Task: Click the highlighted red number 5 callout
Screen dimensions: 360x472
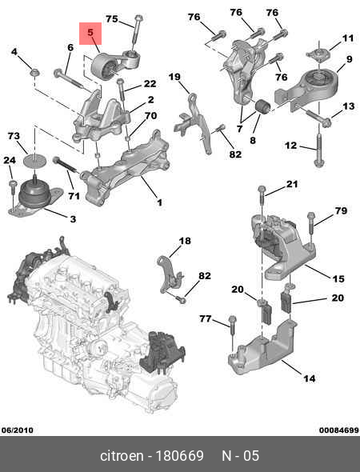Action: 90,33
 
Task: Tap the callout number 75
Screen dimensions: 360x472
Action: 112,19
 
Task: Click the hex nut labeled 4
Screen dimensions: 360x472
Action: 35,73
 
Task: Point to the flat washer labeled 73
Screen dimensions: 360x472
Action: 34,160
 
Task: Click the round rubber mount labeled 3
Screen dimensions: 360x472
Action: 34,196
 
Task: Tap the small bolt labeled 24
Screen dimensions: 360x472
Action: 13,191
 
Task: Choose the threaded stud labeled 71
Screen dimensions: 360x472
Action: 66,166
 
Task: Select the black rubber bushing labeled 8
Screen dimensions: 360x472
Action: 263,107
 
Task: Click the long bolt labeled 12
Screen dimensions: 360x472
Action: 319,150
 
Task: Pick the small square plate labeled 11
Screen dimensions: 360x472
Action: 318,54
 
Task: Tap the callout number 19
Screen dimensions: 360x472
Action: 174,77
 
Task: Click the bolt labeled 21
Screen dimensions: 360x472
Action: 262,200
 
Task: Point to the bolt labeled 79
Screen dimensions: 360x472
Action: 311,224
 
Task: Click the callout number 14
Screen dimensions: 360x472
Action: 309,378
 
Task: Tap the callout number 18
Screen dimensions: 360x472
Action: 185,241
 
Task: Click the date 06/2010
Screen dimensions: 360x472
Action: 17,430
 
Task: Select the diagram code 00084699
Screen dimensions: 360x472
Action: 339,430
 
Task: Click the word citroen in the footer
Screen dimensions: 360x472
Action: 122,455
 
